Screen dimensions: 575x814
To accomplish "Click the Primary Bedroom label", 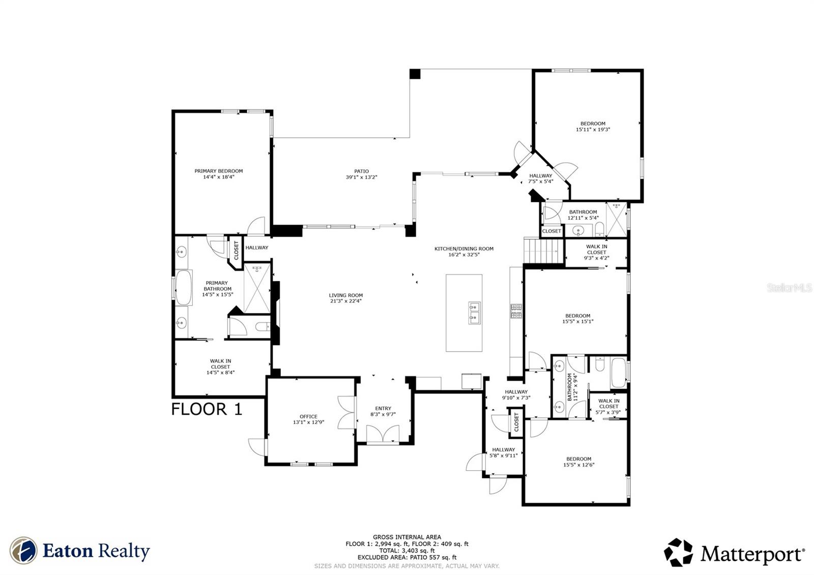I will (x=219, y=171).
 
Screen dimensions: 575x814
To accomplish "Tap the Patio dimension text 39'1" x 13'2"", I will (x=362, y=178).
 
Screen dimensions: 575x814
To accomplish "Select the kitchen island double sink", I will (x=474, y=313).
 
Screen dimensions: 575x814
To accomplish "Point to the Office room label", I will (x=308, y=417).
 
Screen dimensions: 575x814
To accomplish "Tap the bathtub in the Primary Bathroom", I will (x=184, y=287).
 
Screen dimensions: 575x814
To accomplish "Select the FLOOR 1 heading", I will (x=207, y=409).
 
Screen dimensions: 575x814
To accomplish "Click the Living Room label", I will (x=345, y=295).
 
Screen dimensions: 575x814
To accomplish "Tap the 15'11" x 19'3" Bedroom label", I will (x=593, y=127).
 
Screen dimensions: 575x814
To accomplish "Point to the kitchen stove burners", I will (x=516, y=311).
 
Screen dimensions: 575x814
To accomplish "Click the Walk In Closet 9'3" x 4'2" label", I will (x=596, y=252).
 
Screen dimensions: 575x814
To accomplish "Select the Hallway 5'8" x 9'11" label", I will (x=503, y=452).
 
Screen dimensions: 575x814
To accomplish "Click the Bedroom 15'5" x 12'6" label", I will (x=578, y=462).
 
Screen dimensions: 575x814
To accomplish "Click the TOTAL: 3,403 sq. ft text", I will (x=406, y=551).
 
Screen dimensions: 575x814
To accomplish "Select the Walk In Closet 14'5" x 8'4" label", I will (x=220, y=366).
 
